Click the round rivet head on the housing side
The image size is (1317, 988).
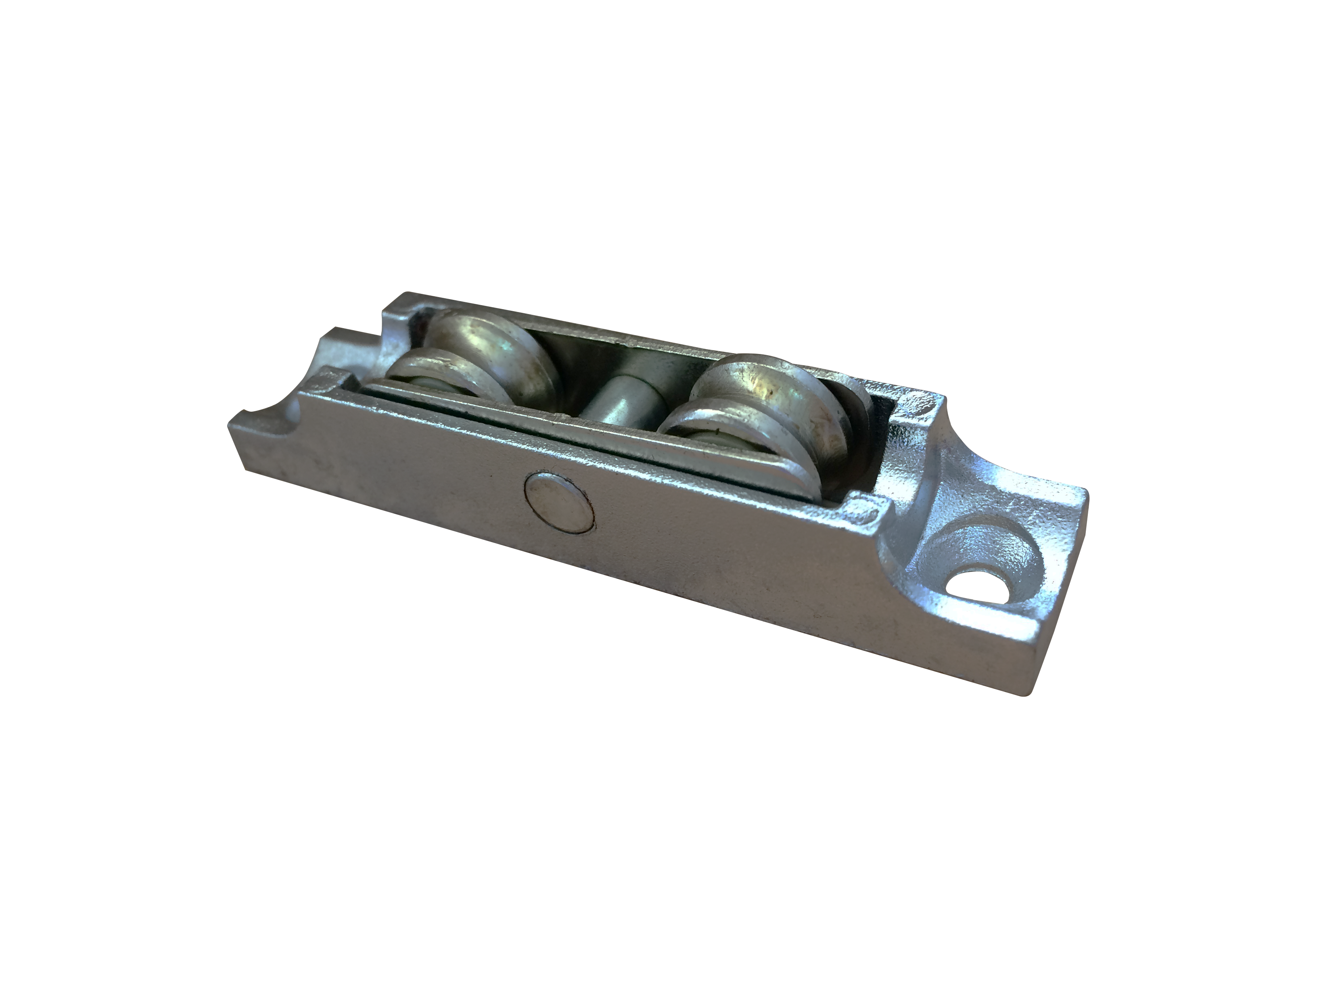click(558, 510)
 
